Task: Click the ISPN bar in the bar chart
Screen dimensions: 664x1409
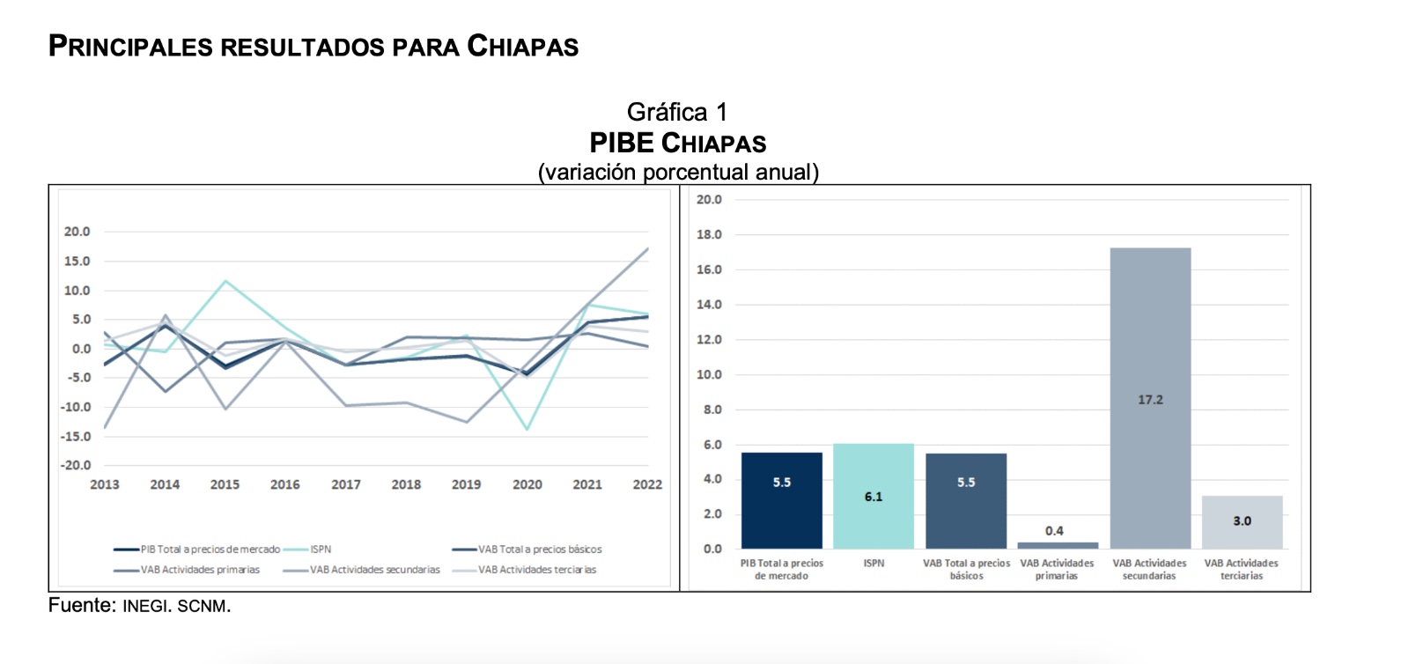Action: point(873,496)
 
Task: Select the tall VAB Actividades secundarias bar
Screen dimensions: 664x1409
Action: point(1150,398)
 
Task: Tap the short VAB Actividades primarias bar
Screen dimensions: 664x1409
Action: point(1057,545)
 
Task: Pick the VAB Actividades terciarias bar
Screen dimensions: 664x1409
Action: point(1242,521)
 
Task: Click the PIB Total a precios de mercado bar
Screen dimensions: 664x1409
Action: point(781,500)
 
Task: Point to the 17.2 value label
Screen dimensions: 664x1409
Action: point(1150,400)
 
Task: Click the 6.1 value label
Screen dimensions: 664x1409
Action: point(873,497)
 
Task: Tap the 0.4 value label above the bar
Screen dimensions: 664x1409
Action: point(1054,531)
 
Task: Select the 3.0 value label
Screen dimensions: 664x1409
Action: point(1242,521)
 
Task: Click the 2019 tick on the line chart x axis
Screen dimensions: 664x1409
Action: point(466,484)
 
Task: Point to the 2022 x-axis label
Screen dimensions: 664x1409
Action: point(647,484)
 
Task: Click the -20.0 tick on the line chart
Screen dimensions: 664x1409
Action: point(76,465)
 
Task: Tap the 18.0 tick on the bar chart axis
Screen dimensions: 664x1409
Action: point(709,234)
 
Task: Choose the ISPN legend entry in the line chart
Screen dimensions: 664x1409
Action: point(320,549)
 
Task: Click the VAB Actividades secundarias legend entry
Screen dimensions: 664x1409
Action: point(374,570)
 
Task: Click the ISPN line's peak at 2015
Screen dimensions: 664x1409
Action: point(225,281)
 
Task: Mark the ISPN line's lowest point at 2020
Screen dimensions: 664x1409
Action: point(527,429)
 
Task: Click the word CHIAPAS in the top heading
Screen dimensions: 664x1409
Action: point(522,46)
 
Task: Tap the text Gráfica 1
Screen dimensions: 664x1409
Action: point(677,112)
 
